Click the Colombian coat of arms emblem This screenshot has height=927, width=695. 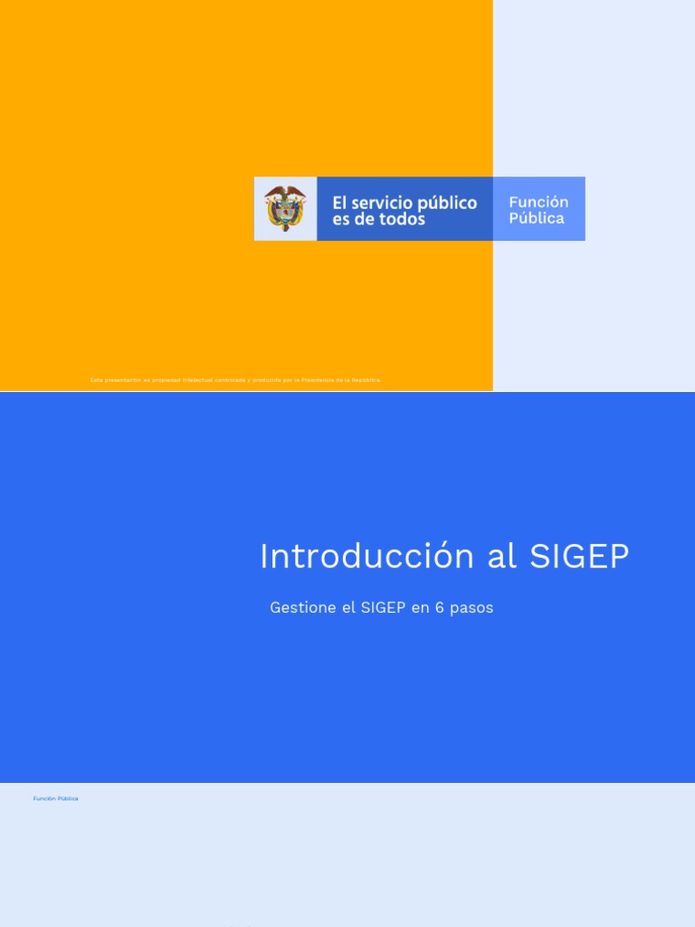point(285,208)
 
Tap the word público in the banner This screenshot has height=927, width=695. point(447,203)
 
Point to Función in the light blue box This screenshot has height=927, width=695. point(538,202)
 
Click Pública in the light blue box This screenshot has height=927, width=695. point(537,218)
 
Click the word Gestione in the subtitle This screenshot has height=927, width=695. point(303,607)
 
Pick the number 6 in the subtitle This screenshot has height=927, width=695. point(439,607)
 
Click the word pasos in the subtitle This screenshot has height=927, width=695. point(471,607)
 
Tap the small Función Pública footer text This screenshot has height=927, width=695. point(56,798)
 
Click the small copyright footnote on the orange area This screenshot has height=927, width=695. point(235,380)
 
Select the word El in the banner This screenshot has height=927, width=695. point(340,203)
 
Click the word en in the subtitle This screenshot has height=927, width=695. point(420,607)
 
